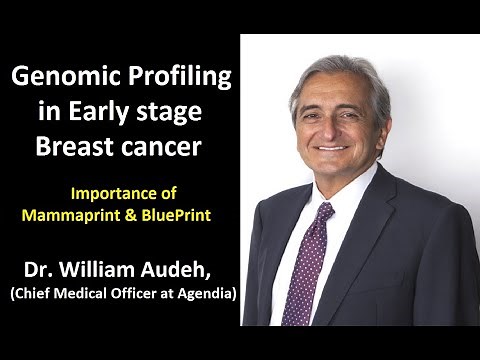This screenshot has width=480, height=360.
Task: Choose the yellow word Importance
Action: (119, 194)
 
